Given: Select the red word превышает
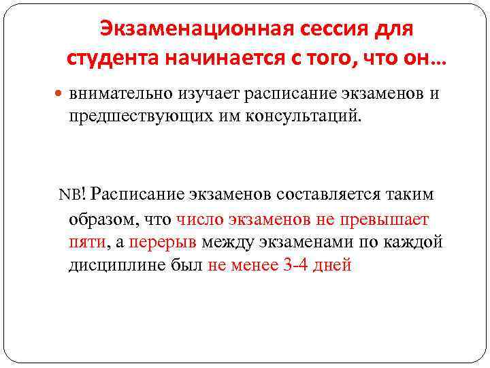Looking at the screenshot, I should (x=386, y=219).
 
